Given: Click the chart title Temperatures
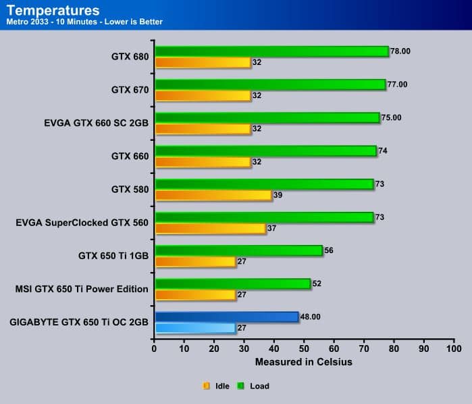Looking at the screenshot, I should [x=53, y=10].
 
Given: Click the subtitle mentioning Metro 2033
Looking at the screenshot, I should [x=84, y=22].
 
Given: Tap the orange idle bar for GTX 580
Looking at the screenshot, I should [x=213, y=195].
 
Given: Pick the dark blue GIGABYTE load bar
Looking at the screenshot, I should [x=226, y=317].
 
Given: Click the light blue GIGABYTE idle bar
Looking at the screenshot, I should [x=195, y=328].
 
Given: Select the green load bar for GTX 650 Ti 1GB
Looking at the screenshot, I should [x=238, y=250].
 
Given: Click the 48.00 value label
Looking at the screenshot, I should [x=313, y=316].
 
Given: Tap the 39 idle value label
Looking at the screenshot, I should [x=278, y=195].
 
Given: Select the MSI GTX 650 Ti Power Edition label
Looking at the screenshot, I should [x=82, y=289].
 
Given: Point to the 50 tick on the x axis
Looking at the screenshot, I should [x=304, y=349].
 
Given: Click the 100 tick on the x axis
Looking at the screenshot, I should [x=453, y=349].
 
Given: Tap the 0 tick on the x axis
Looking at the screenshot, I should [x=155, y=349].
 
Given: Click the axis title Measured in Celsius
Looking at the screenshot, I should [x=303, y=362].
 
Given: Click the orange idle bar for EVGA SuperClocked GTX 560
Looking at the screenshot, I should [x=210, y=228].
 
